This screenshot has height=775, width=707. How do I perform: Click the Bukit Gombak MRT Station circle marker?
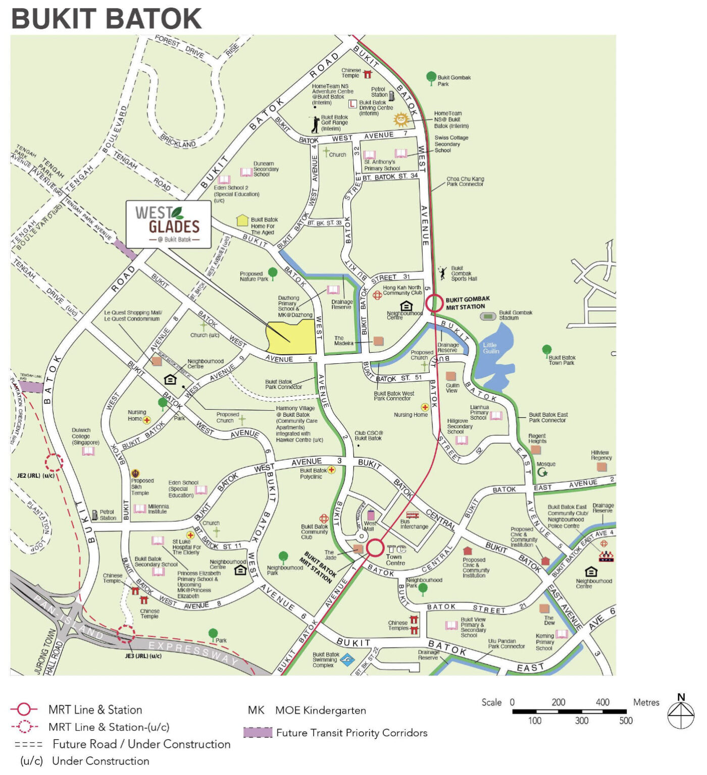pos(434,304)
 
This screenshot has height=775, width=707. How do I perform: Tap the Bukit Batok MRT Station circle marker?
pos(375,547)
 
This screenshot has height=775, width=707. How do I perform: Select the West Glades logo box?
pos(168,225)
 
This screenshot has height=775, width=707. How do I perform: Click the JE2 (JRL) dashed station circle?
pos(54,462)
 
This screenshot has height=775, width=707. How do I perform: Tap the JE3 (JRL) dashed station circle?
pos(126,634)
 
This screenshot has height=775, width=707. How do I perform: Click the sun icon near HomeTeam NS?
pos(401,120)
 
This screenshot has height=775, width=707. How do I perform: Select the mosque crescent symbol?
pos(542,473)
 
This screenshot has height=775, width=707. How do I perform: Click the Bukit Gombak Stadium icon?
pos(488,316)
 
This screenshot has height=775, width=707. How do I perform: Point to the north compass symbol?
pos(681,712)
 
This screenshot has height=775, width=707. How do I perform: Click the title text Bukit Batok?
pos(107,19)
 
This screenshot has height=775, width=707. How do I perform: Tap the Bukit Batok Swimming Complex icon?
pos(347,659)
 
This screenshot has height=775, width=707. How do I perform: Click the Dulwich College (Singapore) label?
pos(85,436)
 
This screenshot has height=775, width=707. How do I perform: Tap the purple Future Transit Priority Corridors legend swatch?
pos(258,733)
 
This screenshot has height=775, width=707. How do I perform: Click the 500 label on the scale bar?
pos(626,721)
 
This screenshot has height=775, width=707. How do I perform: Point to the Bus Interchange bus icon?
pos(412,515)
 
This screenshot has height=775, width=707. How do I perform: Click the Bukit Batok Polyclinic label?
pos(312,473)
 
